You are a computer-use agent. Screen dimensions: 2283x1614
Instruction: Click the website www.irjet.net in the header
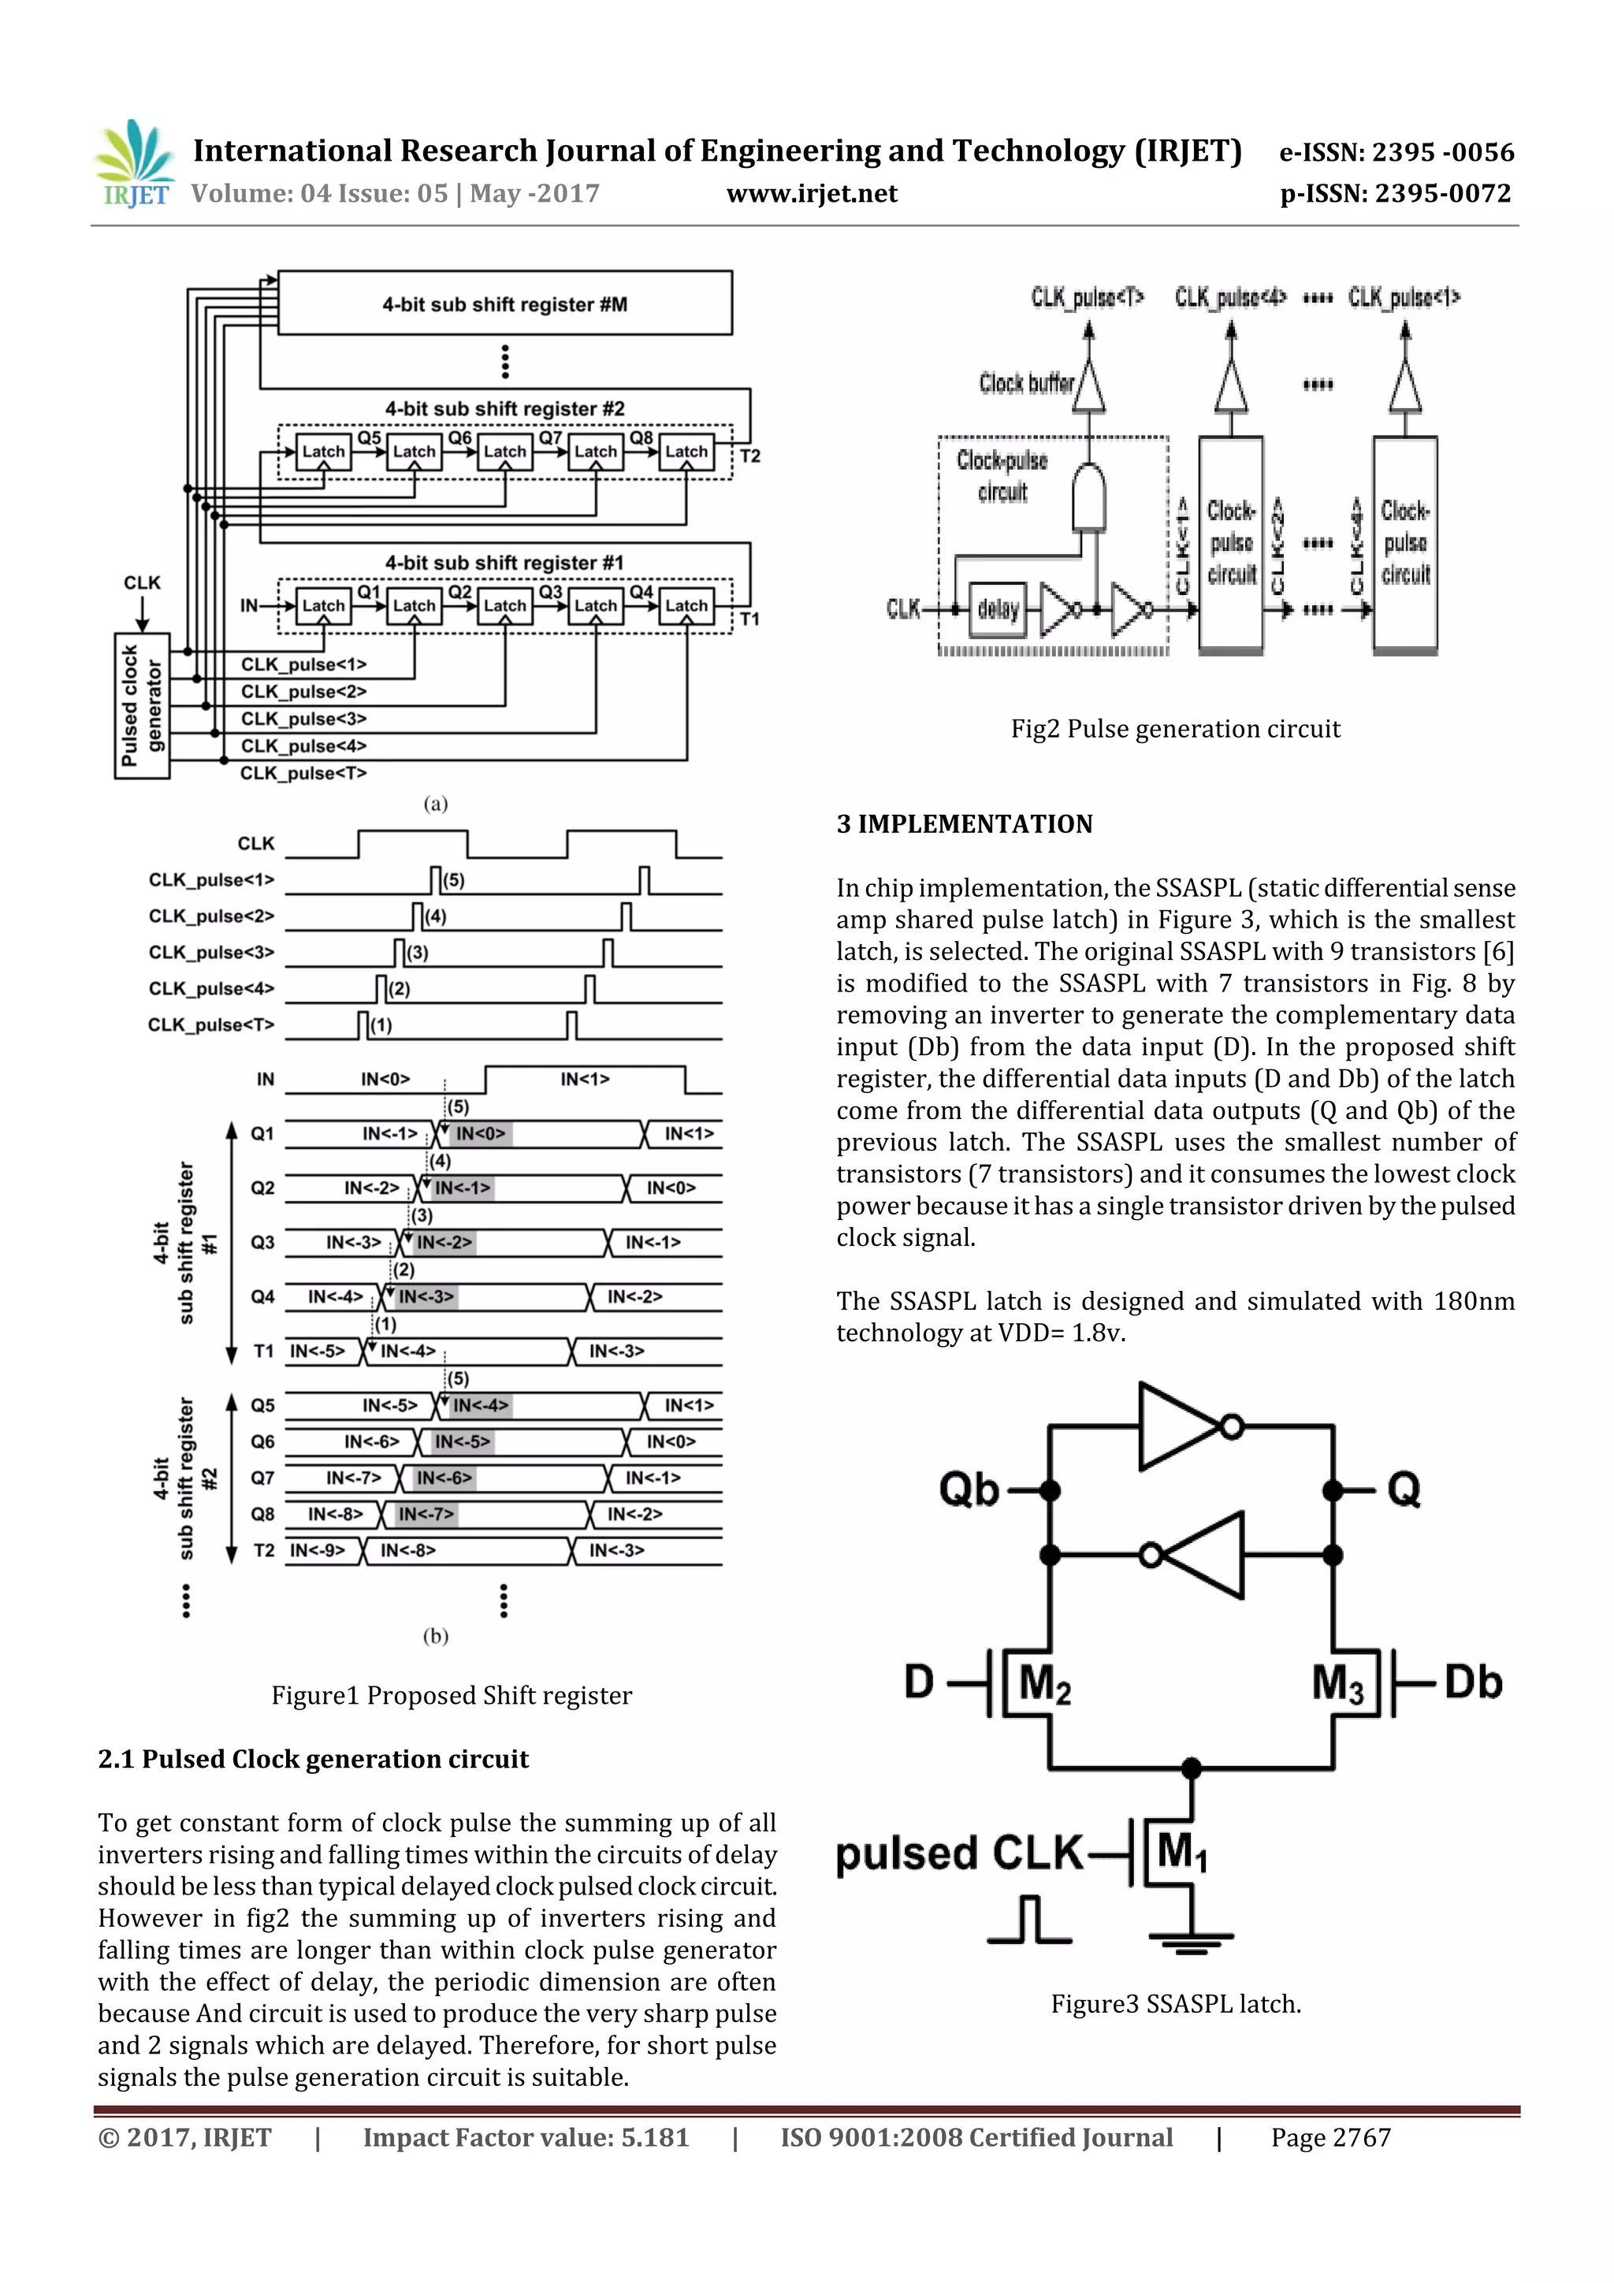pyautogui.click(x=812, y=193)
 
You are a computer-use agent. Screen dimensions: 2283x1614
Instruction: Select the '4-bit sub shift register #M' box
pyautogui.click(x=504, y=303)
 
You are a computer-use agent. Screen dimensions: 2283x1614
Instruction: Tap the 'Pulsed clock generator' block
pyautogui.click(x=142, y=706)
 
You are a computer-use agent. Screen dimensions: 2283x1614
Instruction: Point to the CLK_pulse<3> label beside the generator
pyautogui.click(x=303, y=718)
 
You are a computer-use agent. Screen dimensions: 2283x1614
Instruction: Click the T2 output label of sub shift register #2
pyautogui.click(x=749, y=455)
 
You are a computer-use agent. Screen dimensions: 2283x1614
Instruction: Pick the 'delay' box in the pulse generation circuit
pyautogui.click(x=998, y=608)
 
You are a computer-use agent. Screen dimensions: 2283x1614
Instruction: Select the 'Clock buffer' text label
pyautogui.click(x=1025, y=384)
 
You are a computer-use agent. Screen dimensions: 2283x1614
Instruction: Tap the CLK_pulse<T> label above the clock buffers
pyautogui.click(x=1087, y=297)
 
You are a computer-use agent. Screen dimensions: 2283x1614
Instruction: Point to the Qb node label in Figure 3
pyautogui.click(x=969, y=1490)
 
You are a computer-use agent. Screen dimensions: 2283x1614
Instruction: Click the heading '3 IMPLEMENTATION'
pyautogui.click(x=964, y=824)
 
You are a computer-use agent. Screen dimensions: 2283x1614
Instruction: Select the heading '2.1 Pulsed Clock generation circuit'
pyautogui.click(x=313, y=1758)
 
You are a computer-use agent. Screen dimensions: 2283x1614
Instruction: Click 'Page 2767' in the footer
pyautogui.click(x=1330, y=2137)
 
